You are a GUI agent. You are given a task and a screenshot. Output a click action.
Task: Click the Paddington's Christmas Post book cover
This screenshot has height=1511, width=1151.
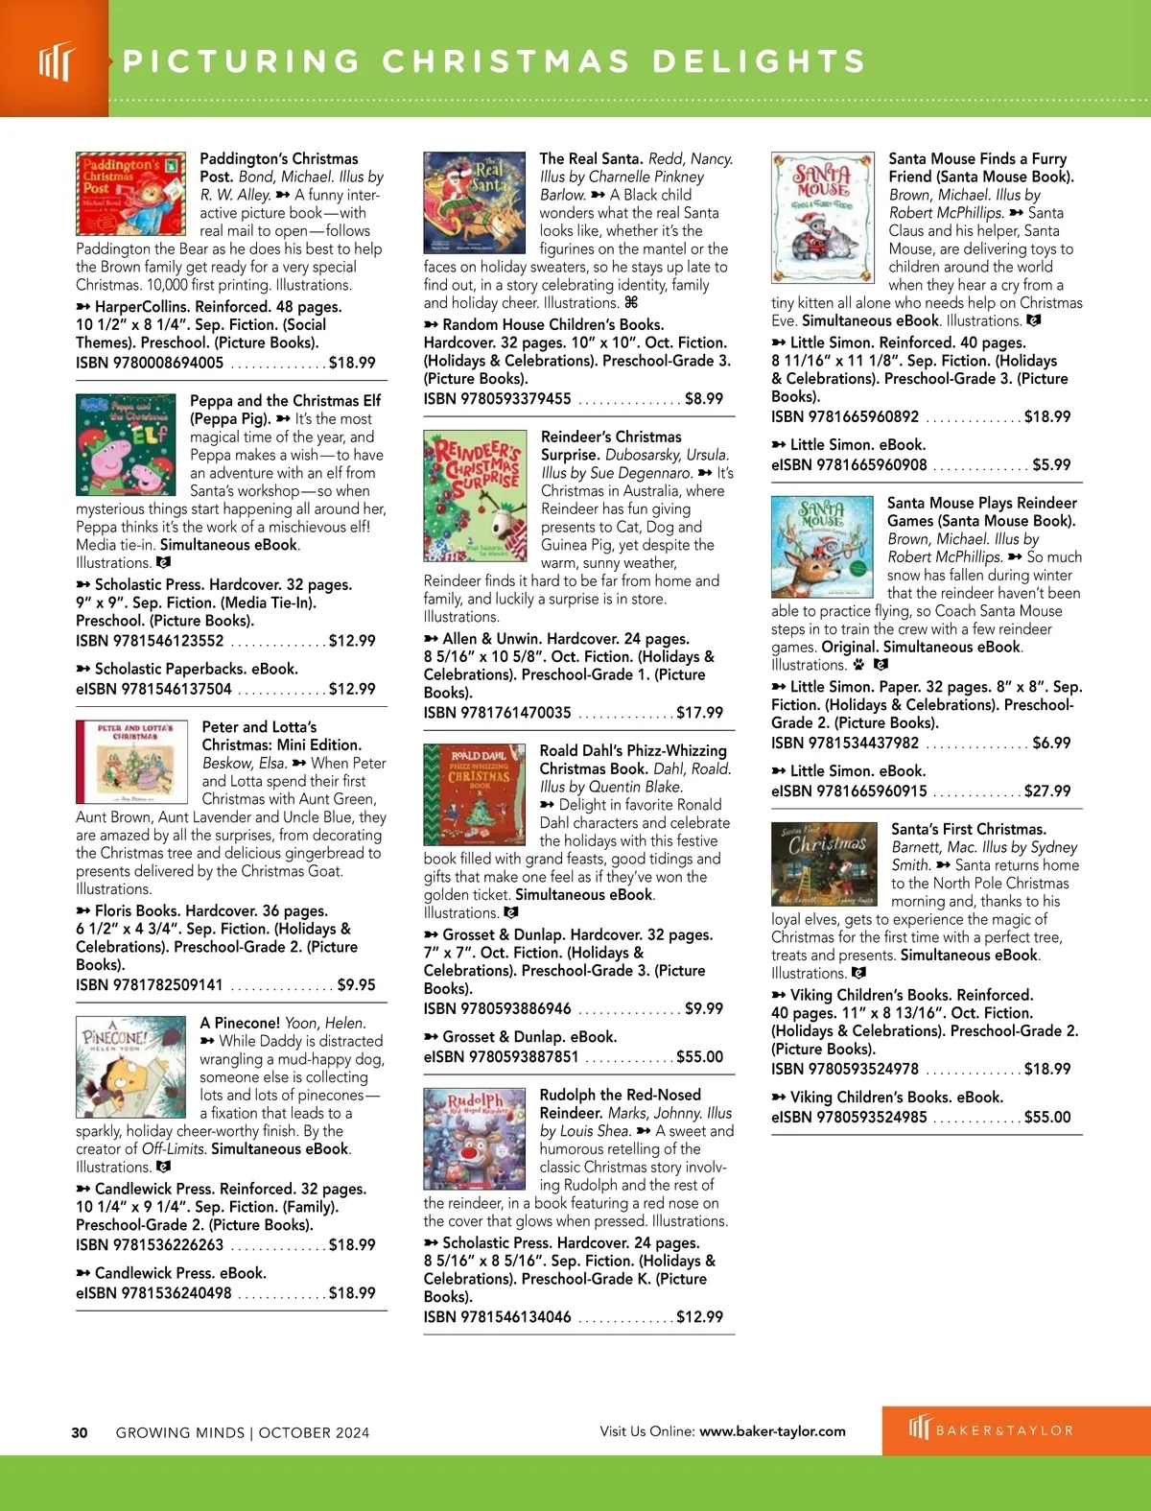coord(130,193)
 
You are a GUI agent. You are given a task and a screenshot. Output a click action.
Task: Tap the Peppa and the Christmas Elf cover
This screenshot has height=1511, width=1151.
coord(126,443)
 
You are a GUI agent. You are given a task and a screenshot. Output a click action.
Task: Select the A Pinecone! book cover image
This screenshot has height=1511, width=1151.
coord(130,1066)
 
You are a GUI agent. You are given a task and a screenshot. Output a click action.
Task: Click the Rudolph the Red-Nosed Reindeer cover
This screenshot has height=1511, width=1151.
coord(474,1138)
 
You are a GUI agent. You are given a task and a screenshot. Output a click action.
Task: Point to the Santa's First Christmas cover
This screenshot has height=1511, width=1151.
coord(824,863)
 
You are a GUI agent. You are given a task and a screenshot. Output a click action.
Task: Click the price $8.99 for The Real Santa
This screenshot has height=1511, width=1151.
coord(703,398)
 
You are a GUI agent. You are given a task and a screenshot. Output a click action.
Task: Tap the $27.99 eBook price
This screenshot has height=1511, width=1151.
coord(1047,791)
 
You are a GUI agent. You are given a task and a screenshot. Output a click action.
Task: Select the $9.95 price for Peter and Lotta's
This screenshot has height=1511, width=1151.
coord(356,984)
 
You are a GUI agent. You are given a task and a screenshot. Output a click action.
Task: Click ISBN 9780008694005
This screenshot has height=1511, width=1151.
coord(150,363)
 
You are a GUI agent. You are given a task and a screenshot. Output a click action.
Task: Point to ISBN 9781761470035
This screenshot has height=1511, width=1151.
coord(497,712)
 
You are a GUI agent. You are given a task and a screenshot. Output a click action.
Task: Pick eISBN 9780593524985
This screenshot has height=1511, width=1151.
coord(849,1117)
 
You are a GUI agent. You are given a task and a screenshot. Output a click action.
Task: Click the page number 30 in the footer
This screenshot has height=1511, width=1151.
coord(80,1432)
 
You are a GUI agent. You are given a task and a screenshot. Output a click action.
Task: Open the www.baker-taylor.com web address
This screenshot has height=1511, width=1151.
coord(772,1430)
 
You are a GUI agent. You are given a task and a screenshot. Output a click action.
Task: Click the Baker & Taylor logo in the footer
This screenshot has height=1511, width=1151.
coord(991,1429)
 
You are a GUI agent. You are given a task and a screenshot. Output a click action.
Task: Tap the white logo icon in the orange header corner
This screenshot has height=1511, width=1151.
coord(55,61)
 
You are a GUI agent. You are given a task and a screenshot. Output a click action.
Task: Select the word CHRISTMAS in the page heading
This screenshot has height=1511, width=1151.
coord(506,61)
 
